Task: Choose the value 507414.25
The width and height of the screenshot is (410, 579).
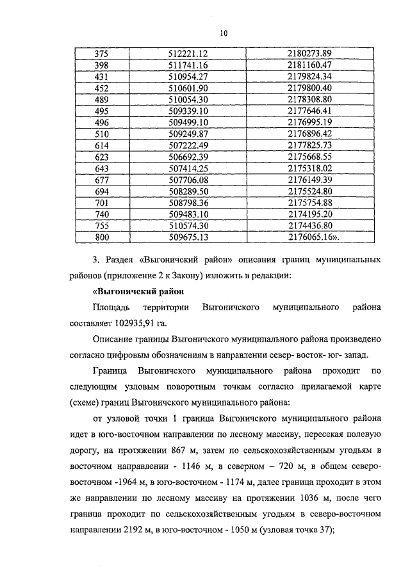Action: click(x=193, y=168)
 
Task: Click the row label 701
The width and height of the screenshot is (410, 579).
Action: click(x=102, y=203)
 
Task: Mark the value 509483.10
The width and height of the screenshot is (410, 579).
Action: click(x=193, y=214)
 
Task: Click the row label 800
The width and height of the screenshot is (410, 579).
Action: click(x=102, y=237)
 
